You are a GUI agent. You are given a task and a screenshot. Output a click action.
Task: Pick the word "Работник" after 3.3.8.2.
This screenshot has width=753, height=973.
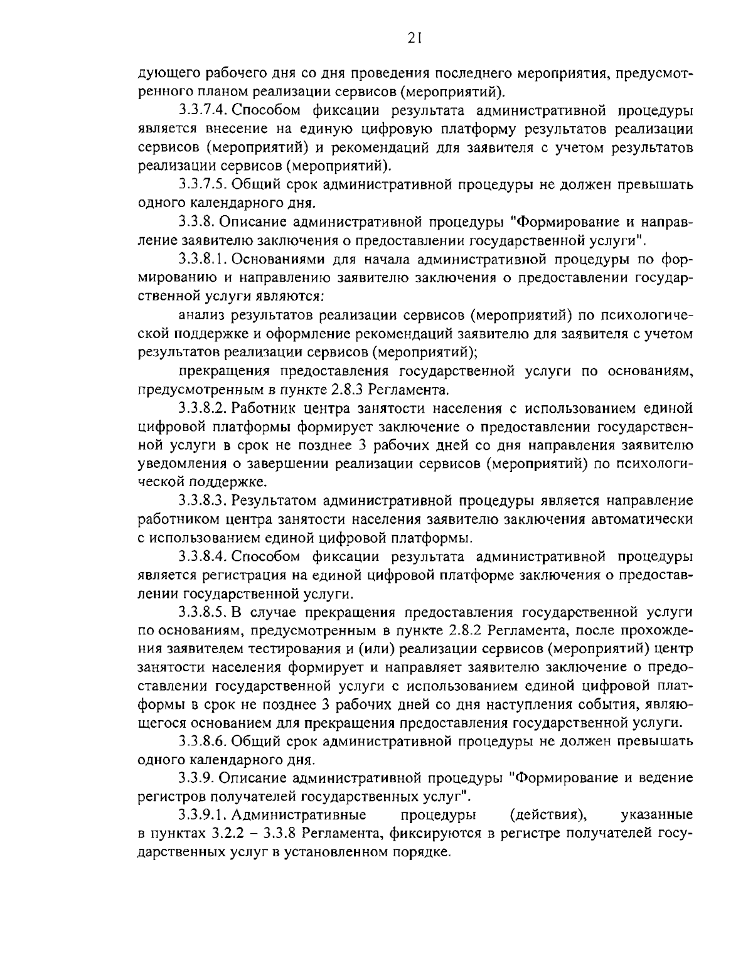click(259, 409)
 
